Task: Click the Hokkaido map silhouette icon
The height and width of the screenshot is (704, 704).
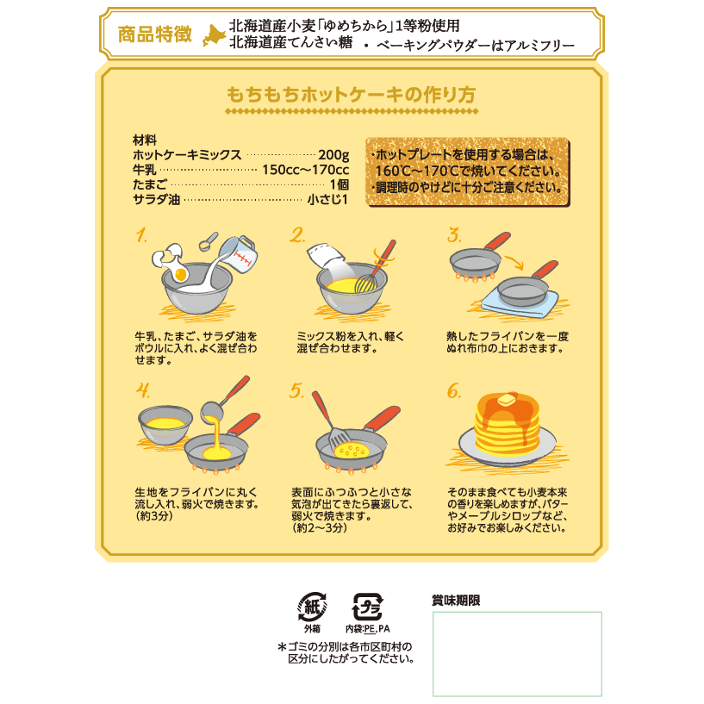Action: coord(214,35)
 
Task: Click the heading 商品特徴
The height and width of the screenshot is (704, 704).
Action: coord(155,34)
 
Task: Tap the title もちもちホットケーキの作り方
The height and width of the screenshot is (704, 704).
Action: coord(351,95)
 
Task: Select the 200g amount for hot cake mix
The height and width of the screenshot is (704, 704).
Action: coord(333,155)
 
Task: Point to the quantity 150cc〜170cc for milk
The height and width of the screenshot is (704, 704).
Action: coord(305,170)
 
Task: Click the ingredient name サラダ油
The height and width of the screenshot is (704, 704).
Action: coord(156,199)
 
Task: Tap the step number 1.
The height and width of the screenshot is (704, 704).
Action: coord(141,235)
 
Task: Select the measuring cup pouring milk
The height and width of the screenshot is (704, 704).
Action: coord(239,254)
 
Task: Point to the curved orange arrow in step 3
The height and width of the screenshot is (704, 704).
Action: coord(514,263)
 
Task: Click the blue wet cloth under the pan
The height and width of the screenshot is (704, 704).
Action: coord(520,304)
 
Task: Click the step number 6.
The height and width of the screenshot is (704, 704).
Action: coord(453,391)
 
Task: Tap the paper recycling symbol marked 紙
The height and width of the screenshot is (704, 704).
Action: coord(312,607)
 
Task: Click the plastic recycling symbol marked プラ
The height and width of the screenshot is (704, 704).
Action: coord(367,607)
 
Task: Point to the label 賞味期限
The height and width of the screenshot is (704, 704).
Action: coord(456,601)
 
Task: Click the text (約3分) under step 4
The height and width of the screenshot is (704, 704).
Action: coord(154,516)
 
